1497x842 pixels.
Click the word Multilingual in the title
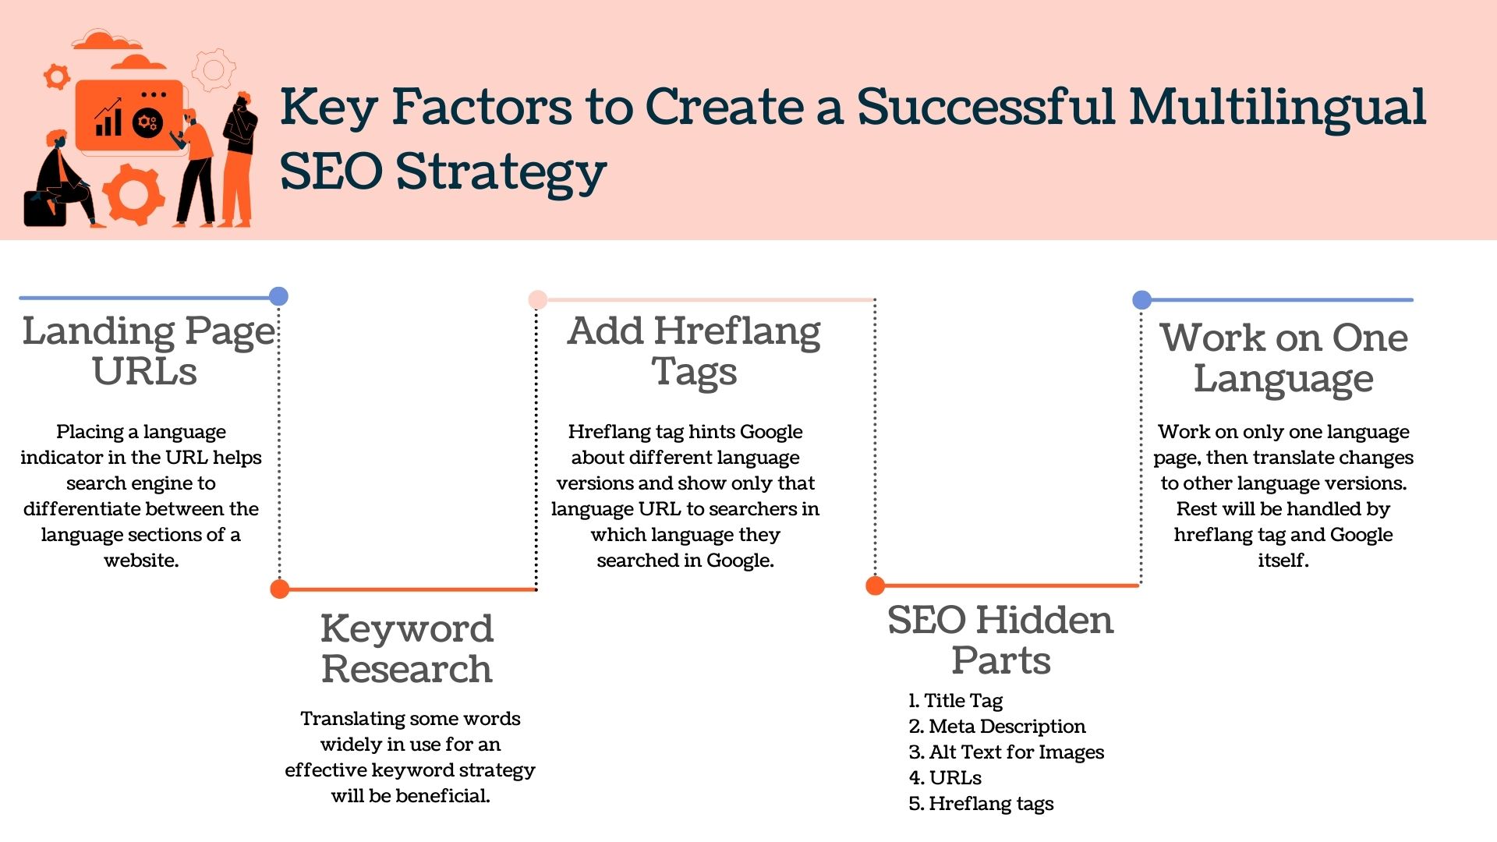1278,107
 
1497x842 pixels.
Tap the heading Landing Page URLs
148,351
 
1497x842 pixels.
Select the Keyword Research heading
407,649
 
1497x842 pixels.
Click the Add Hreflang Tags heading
694,351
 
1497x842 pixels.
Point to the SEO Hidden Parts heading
1001,640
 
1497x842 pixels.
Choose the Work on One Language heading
1284,359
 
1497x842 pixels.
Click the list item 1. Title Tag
956,701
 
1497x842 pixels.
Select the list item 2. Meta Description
997,727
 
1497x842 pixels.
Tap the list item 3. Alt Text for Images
1007,752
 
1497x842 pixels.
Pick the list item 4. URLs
945,778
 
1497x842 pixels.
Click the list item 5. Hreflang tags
981,804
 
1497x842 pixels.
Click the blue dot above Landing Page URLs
278,296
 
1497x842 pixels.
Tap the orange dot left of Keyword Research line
280,589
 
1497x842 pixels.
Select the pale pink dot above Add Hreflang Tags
537,299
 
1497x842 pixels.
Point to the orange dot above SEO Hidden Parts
876,585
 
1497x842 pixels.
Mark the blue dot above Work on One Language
1142,299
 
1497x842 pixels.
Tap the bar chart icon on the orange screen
108,118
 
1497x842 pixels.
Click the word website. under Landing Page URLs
141,561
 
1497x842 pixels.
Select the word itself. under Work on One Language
1283,561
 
